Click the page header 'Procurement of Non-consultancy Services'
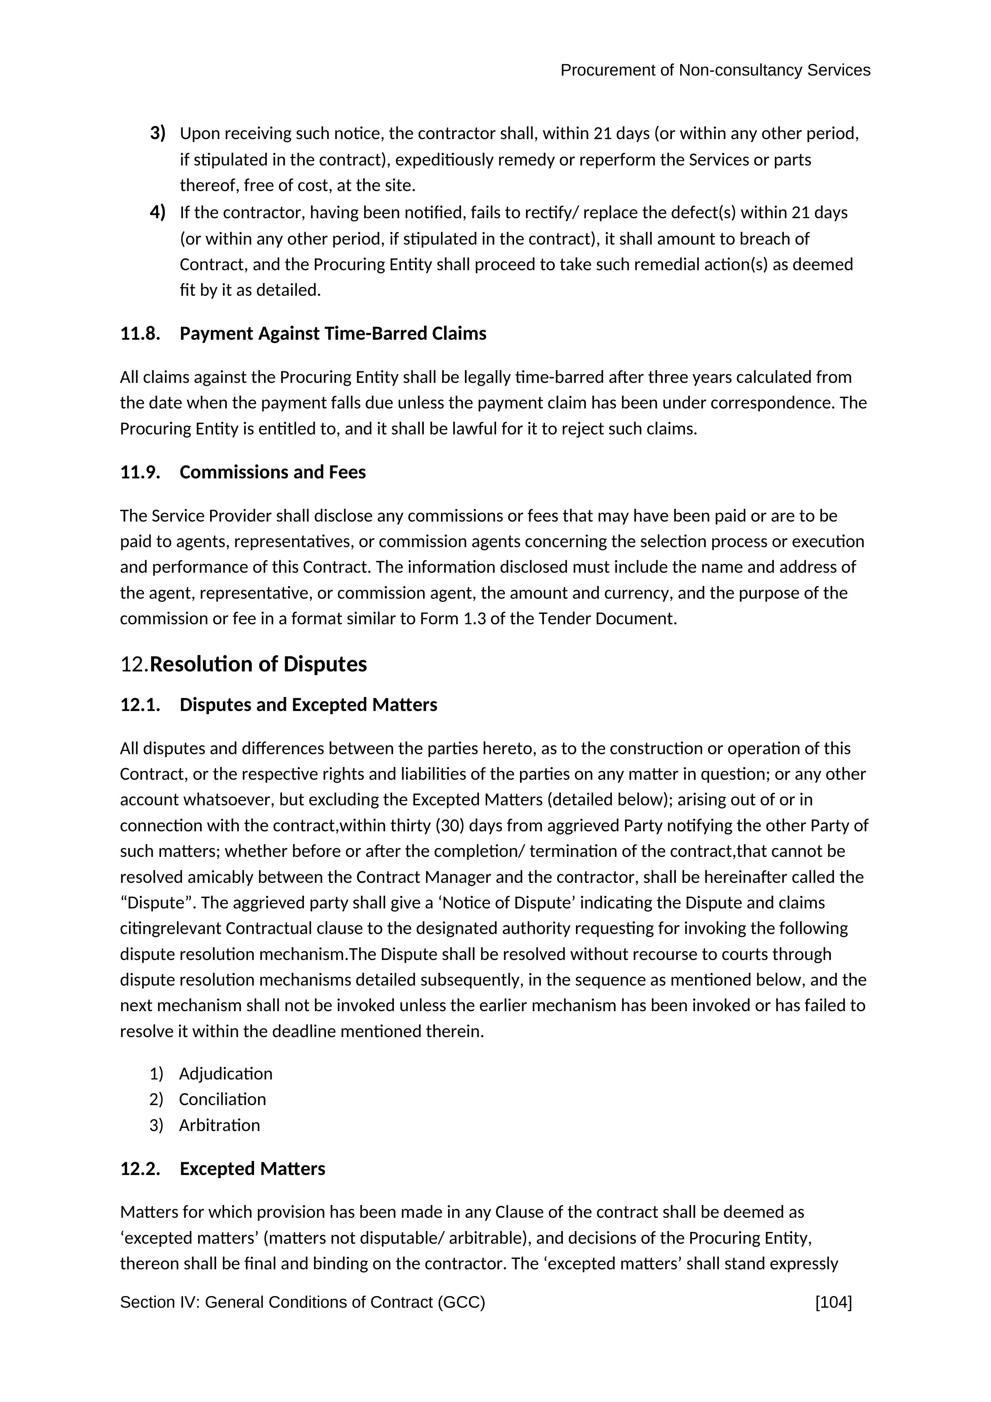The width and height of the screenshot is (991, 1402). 715,70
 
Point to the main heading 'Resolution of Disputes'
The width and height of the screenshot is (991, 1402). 258,664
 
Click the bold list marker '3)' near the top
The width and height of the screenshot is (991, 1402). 157,133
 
